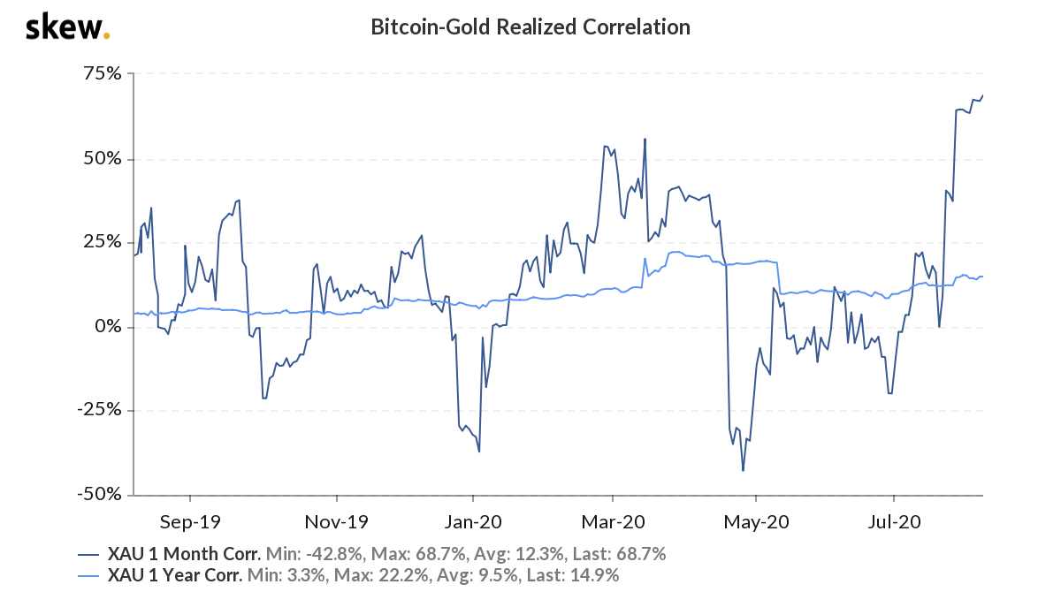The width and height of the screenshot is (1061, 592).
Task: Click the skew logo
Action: click(x=67, y=27)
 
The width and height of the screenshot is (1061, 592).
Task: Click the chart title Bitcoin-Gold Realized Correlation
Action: click(x=530, y=27)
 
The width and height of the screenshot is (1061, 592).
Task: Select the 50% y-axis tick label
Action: click(x=103, y=159)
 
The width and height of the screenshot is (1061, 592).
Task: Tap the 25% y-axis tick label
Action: click(x=103, y=243)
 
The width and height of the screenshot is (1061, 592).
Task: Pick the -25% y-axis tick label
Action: click(x=100, y=411)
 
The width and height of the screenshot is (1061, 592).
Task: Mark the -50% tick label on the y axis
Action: click(x=100, y=495)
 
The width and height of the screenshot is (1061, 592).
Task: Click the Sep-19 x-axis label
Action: click(x=190, y=522)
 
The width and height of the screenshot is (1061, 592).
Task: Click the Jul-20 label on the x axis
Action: click(x=894, y=522)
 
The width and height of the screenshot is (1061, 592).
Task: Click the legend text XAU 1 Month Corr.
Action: click(x=184, y=555)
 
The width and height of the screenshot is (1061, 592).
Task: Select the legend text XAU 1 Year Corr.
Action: click(x=176, y=576)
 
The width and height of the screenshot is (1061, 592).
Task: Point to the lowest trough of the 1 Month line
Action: click(x=743, y=470)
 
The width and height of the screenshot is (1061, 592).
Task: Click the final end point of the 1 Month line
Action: click(x=982, y=95)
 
